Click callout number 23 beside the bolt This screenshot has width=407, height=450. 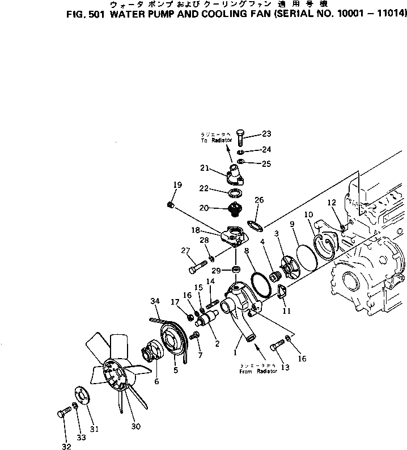[x=266, y=134]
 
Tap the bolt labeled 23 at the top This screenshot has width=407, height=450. [x=240, y=138]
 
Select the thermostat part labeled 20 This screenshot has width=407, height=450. [x=233, y=209]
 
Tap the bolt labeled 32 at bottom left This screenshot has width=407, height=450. [x=62, y=415]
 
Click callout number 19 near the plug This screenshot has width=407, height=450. [x=177, y=184]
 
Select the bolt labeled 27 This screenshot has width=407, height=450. [x=196, y=265]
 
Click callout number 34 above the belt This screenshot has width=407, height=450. [x=155, y=301]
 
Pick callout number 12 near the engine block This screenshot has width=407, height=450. [x=332, y=202]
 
